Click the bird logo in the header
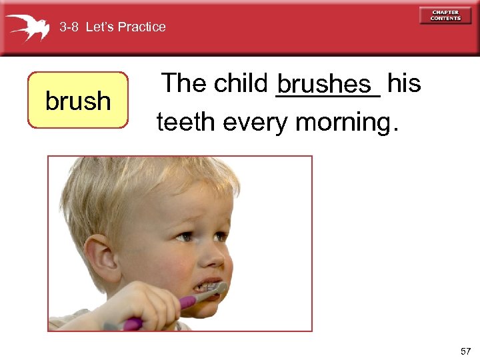click(27, 27)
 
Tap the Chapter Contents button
click(445, 15)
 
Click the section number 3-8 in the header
click(69, 27)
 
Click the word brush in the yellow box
click(77, 101)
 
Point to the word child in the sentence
click(239, 83)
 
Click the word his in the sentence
click(403, 83)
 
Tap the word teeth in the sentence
click(187, 122)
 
